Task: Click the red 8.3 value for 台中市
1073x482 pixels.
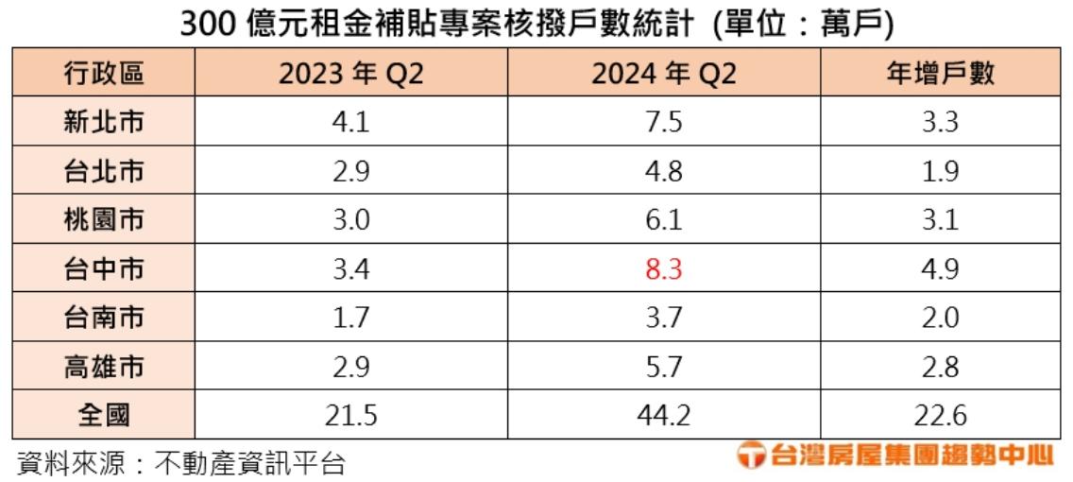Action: point(663,270)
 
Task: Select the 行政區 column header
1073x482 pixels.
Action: point(104,74)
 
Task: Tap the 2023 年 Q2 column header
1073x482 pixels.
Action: point(349,74)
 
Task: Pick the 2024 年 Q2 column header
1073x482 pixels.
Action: point(663,74)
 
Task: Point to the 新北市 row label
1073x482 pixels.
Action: point(104,123)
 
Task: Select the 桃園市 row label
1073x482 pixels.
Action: point(104,221)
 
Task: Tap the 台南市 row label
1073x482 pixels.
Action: point(104,319)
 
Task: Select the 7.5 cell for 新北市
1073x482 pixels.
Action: point(663,123)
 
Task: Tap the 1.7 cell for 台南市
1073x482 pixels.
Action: point(349,319)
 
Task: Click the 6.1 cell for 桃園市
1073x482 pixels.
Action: point(663,221)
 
